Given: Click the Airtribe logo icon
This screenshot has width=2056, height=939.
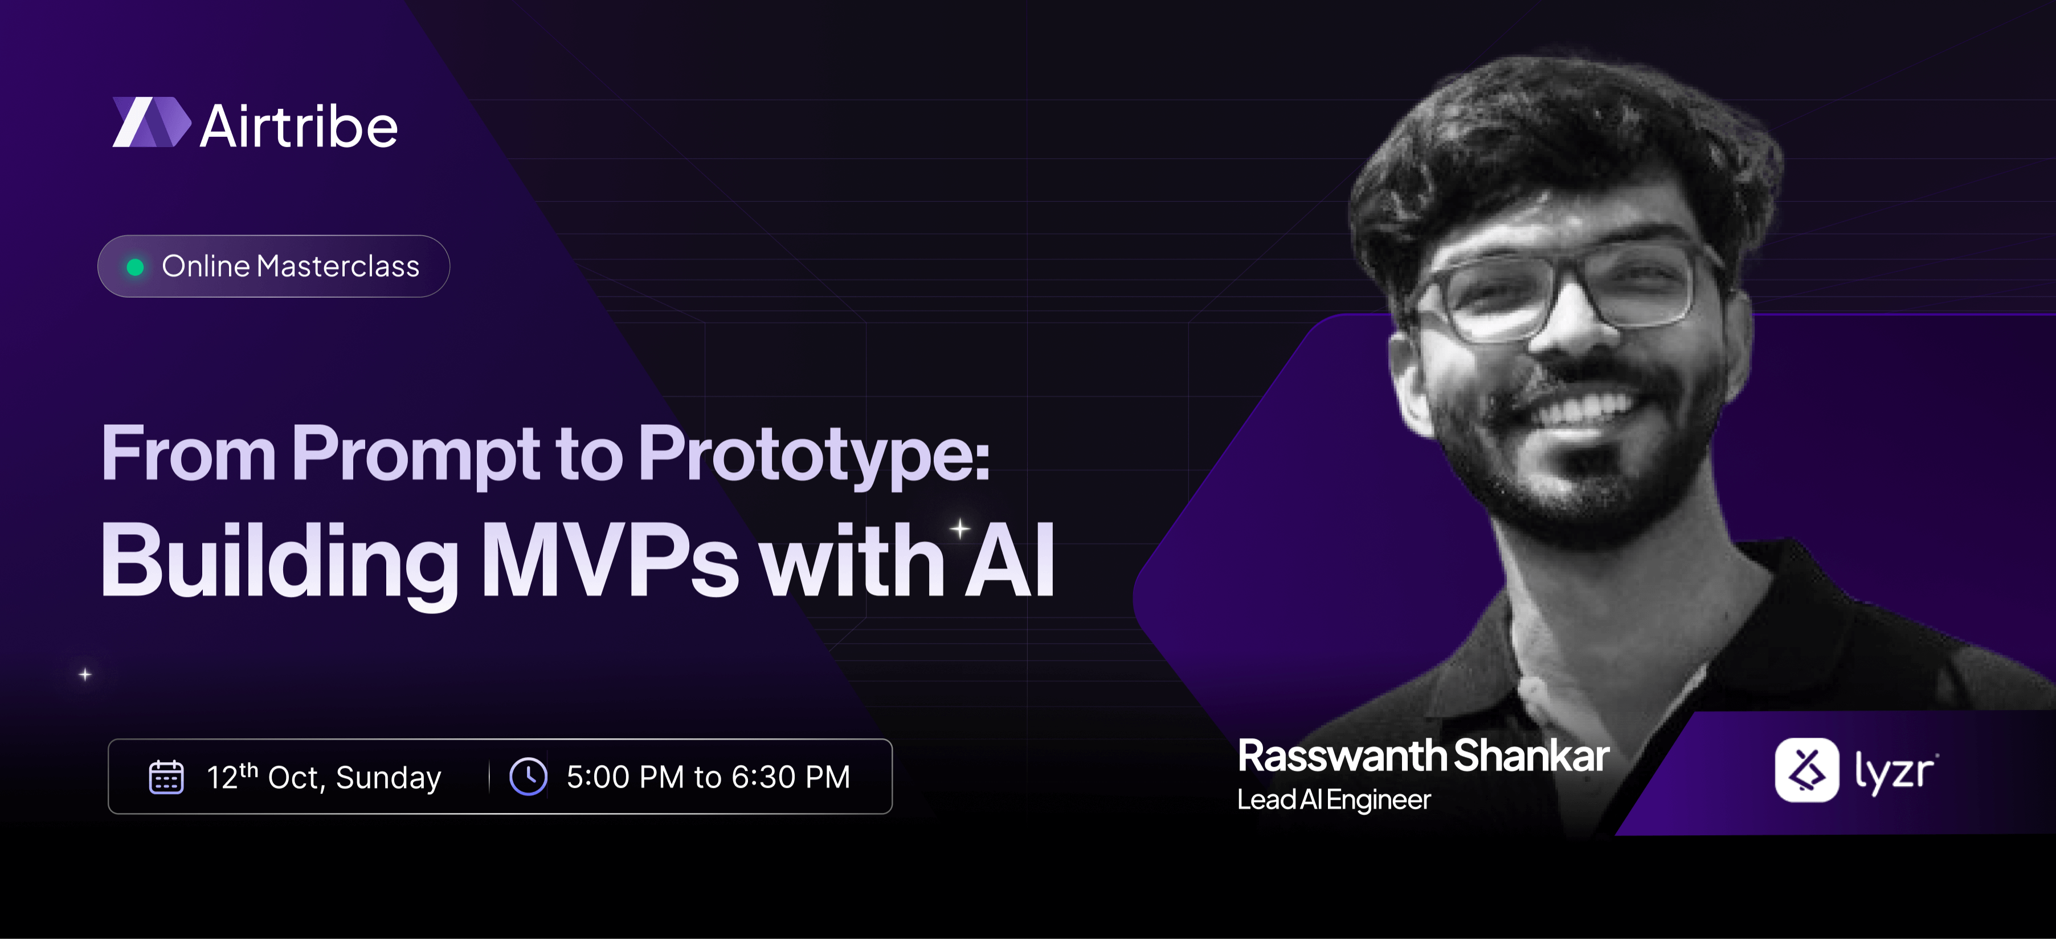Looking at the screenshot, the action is (x=152, y=122).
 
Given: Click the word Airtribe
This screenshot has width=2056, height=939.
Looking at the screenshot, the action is (x=299, y=126).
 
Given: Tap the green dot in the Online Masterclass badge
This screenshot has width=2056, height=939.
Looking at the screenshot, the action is (x=136, y=267).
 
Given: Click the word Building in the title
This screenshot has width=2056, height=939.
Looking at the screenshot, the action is (x=279, y=562).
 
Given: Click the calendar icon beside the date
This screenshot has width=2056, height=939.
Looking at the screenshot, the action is (x=166, y=777).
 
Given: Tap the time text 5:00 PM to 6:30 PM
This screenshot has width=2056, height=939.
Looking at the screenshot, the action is (x=709, y=777).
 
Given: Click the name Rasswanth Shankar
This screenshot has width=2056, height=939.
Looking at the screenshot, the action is (x=1423, y=756).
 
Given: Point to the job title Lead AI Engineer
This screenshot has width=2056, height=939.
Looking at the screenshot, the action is (x=1334, y=800).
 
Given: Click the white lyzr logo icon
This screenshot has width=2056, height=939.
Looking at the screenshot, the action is (x=1807, y=770).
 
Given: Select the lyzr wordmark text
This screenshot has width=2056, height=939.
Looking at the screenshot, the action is (x=1895, y=772).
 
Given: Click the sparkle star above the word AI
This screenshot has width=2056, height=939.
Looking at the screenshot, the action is (x=959, y=529).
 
